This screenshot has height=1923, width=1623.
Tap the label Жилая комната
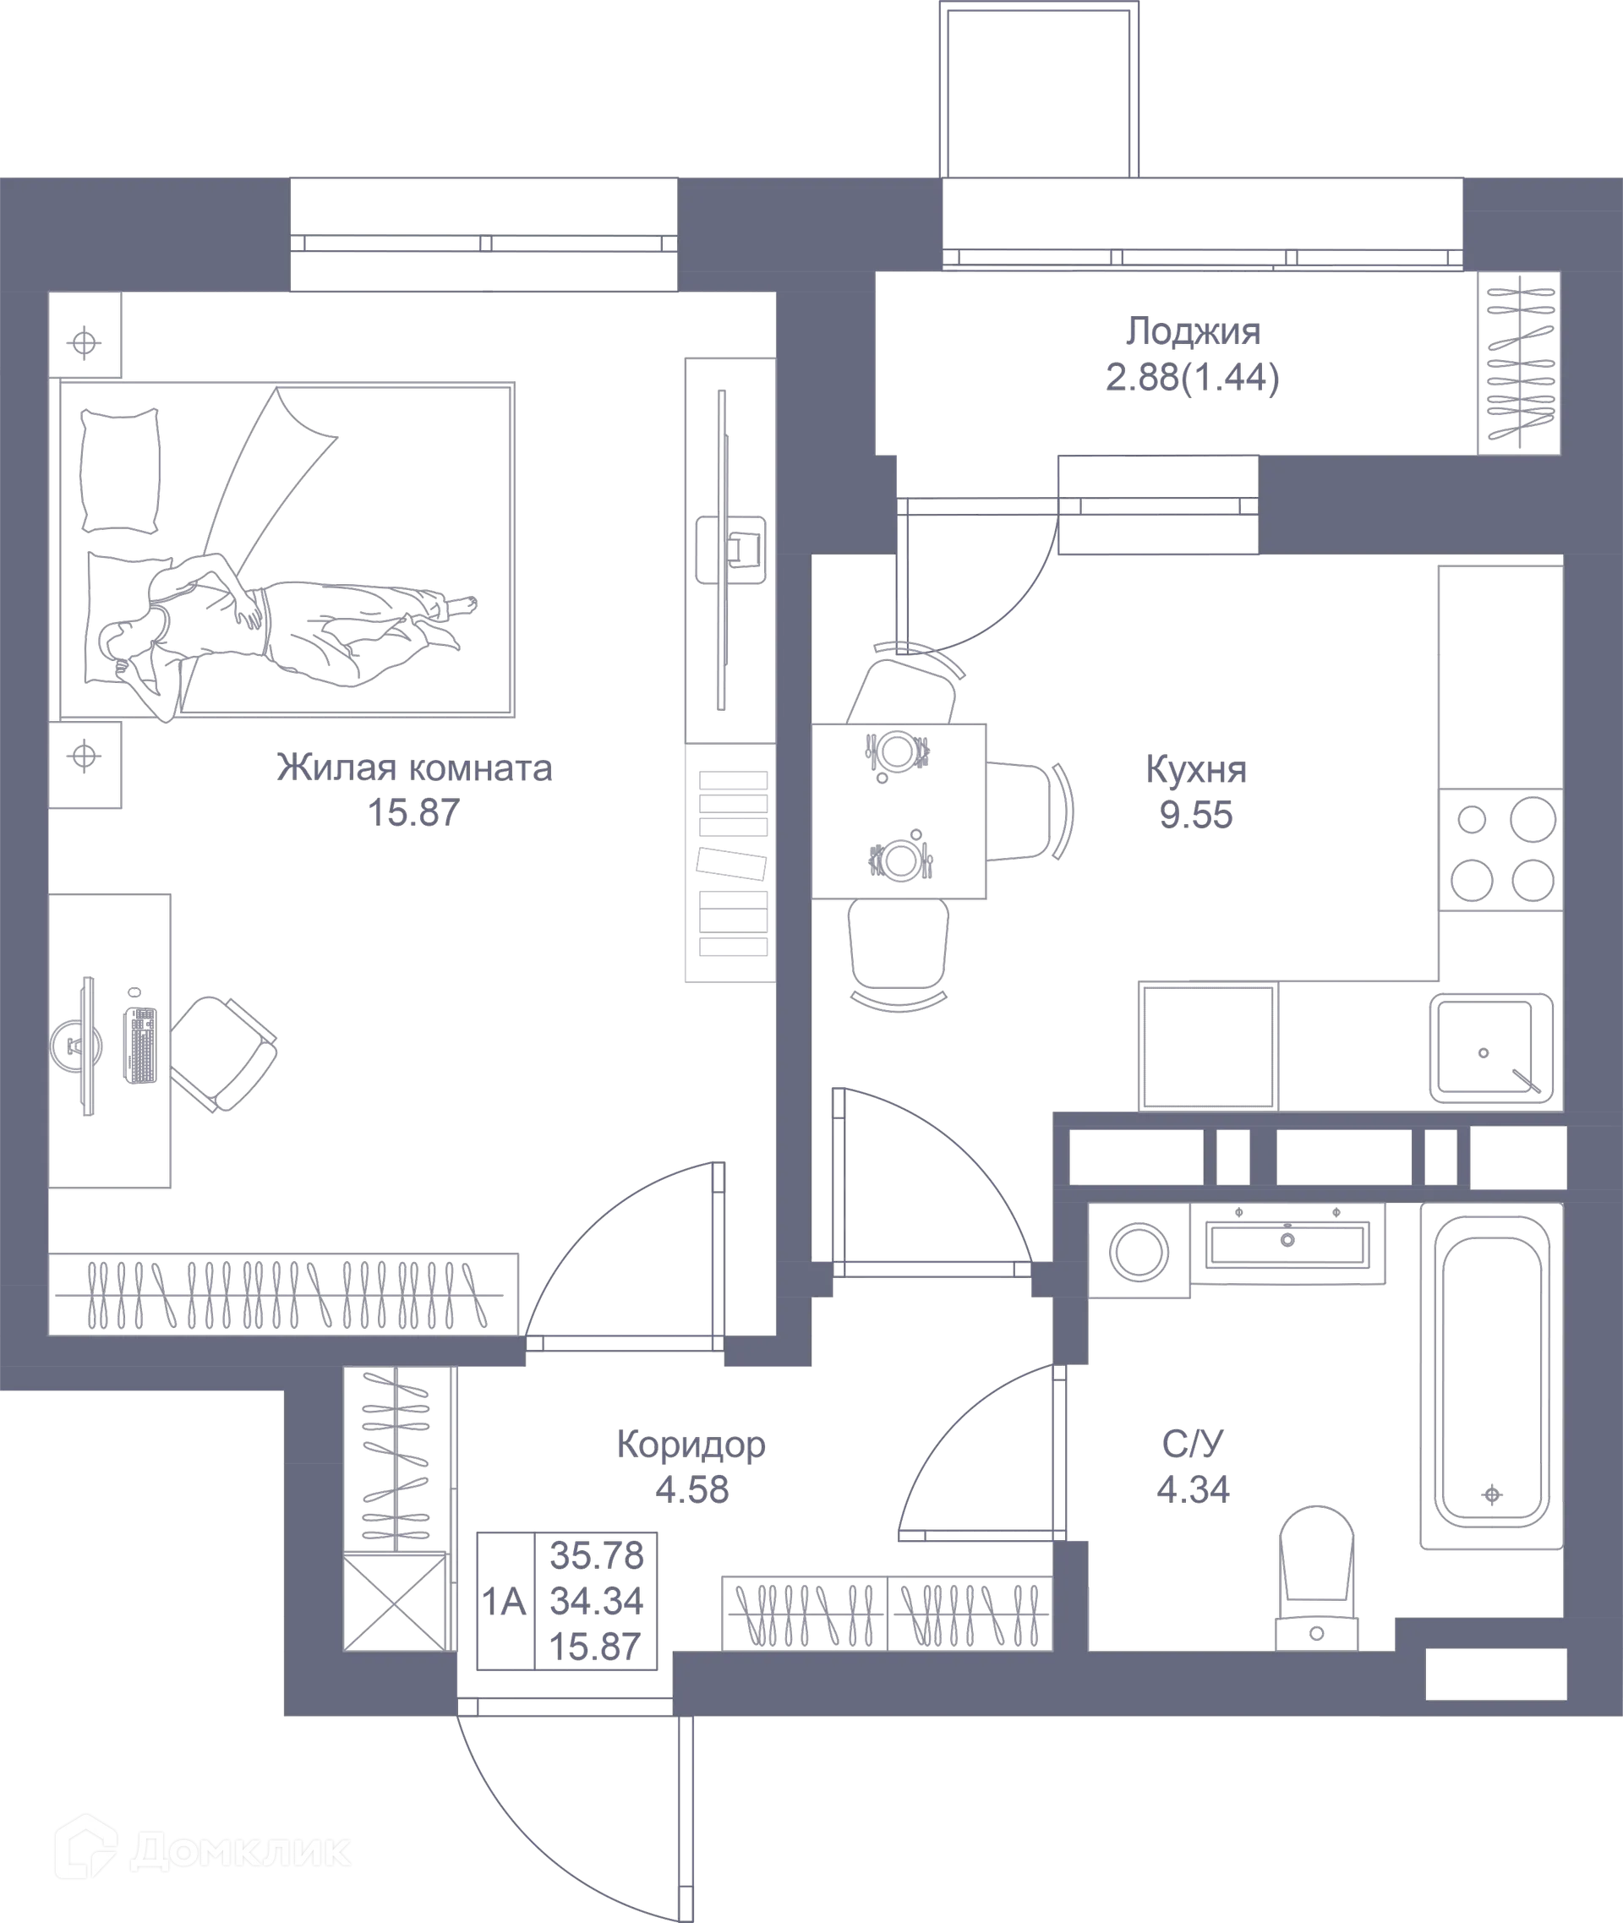click(414, 768)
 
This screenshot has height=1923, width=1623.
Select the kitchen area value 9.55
click(1196, 815)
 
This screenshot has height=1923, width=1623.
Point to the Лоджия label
click(1194, 332)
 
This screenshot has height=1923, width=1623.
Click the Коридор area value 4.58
click(691, 1489)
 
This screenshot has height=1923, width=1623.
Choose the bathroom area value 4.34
click(1193, 1489)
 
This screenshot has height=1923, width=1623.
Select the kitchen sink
click(1489, 1049)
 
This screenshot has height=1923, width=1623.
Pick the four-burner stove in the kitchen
click(1501, 850)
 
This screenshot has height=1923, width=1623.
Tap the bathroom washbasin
click(1288, 1242)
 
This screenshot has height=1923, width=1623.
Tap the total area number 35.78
click(596, 1556)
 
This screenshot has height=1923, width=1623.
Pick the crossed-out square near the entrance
click(396, 1602)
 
